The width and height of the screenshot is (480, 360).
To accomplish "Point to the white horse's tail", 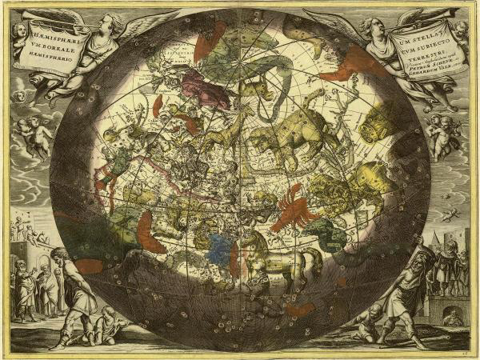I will (x=314, y=258).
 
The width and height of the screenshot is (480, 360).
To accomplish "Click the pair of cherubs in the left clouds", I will (x=33, y=135).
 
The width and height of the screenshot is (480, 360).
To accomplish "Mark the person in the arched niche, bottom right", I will (x=452, y=317).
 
